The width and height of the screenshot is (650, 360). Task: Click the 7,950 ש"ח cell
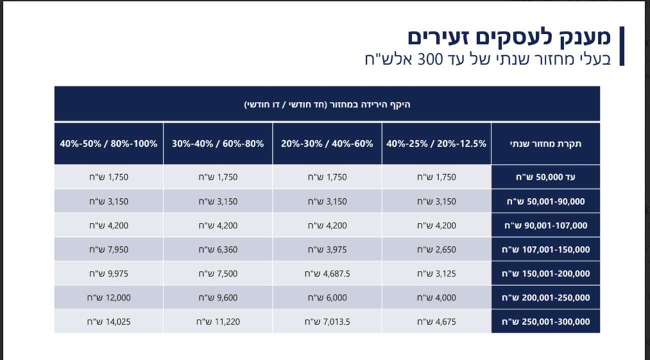pos(108,249)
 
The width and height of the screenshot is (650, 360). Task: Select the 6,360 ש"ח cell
pos(218,249)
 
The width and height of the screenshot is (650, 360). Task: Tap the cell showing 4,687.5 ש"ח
pos(327,273)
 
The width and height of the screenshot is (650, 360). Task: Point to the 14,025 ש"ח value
pos(108,321)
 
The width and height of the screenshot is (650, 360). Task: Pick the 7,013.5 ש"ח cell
pos(327,321)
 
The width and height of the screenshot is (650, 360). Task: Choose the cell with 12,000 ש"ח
pos(108,297)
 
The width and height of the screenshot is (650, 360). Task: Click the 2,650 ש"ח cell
pos(436,249)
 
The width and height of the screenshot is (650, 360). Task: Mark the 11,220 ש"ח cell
pos(218,321)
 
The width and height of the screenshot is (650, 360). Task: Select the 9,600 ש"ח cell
pos(218,297)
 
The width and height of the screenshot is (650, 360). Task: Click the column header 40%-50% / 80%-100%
pos(108,143)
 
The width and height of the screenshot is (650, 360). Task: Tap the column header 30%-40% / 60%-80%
pos(218,143)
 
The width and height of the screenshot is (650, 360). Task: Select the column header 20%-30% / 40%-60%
pos(327,143)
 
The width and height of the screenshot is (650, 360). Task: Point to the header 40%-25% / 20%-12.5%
pos(436,143)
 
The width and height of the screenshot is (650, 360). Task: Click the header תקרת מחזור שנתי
pos(545,143)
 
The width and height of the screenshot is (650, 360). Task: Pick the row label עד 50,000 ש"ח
pos(545,177)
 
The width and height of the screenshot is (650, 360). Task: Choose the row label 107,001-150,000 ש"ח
pos(545,249)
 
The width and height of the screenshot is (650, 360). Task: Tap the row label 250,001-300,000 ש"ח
pos(545,321)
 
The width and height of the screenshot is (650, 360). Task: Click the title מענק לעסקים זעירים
pos(509,37)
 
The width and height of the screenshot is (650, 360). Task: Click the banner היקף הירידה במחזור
pos(327,104)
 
